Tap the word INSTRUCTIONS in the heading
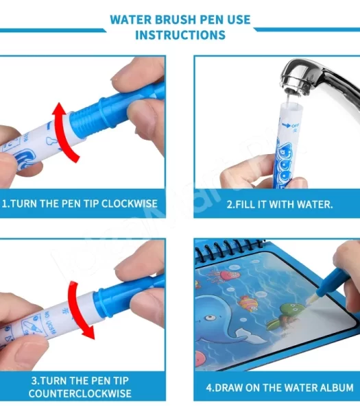click(x=180, y=35)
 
